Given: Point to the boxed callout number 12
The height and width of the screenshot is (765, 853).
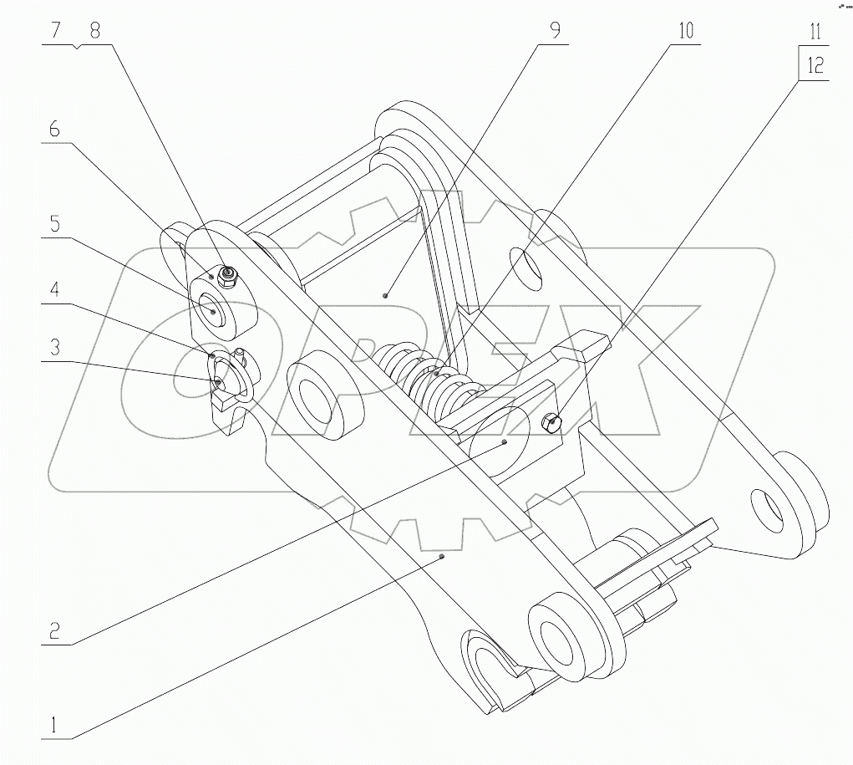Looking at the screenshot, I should pos(815,64).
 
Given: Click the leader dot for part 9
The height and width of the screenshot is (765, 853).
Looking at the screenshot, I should pos(385,295).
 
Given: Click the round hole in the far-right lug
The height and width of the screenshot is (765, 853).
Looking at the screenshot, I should pos(768,507).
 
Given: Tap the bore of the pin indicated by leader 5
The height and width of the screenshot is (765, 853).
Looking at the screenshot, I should pos(214,310).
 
